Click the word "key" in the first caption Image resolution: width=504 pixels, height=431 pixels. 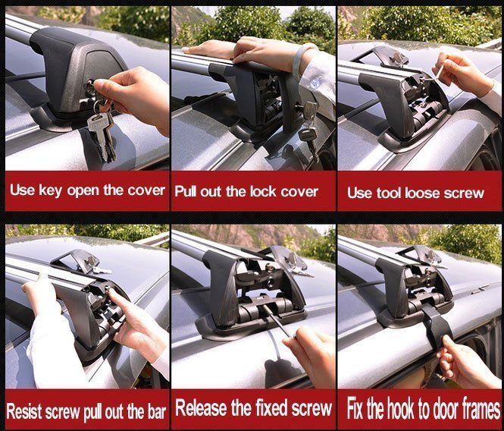(x=50, y=190)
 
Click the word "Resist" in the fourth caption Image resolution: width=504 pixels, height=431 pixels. (x=24, y=412)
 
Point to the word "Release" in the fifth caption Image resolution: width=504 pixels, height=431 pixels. (x=202, y=408)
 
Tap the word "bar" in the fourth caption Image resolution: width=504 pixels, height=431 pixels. (x=157, y=412)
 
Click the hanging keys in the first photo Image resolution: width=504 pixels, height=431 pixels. (x=102, y=129)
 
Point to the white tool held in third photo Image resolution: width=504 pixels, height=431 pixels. (x=438, y=72)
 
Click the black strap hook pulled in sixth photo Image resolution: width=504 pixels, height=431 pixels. (x=434, y=325)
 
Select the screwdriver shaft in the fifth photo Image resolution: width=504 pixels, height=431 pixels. (x=277, y=321)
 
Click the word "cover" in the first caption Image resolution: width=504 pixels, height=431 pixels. (x=146, y=190)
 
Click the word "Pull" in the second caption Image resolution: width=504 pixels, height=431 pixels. (x=186, y=191)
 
